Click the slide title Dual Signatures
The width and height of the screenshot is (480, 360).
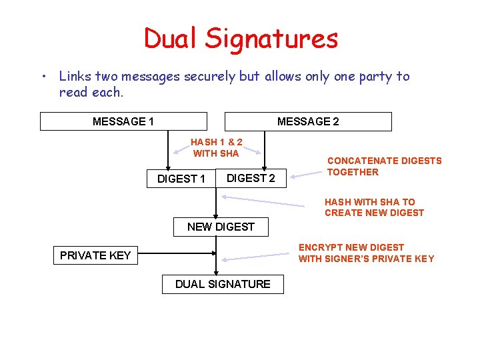(241, 39)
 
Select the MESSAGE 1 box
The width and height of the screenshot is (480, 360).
(123, 121)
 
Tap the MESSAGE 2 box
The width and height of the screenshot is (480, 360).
(308, 121)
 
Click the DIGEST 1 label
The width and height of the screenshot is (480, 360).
(181, 179)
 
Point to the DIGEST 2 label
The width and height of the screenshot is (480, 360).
(251, 177)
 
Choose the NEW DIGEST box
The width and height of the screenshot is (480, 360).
(221, 227)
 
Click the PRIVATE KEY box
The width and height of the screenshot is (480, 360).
(95, 255)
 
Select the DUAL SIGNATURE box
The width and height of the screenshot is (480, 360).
(223, 284)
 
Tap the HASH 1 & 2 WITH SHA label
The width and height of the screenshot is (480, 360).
(216, 147)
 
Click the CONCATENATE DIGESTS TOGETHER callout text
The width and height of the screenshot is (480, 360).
(384, 166)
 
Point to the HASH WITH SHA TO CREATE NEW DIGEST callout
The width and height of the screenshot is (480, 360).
(374, 207)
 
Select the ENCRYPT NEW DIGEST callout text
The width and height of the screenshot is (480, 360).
(366, 253)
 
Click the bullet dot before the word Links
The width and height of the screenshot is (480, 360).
(43, 77)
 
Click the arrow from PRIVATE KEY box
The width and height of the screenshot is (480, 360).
(177, 254)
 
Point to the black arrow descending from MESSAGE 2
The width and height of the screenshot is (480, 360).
(265, 150)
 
